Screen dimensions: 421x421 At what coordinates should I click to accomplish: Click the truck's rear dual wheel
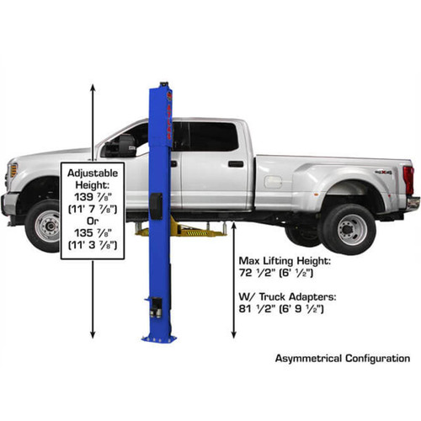[x=348, y=227]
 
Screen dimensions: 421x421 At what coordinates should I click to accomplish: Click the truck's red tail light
[x=409, y=179]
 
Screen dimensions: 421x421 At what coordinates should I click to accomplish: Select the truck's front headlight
[x=12, y=172]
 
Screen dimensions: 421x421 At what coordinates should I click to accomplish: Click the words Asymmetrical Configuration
[x=342, y=359]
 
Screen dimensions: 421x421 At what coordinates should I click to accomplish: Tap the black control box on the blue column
[x=155, y=205]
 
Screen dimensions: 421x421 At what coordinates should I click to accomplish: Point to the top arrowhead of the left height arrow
[x=92, y=86]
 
